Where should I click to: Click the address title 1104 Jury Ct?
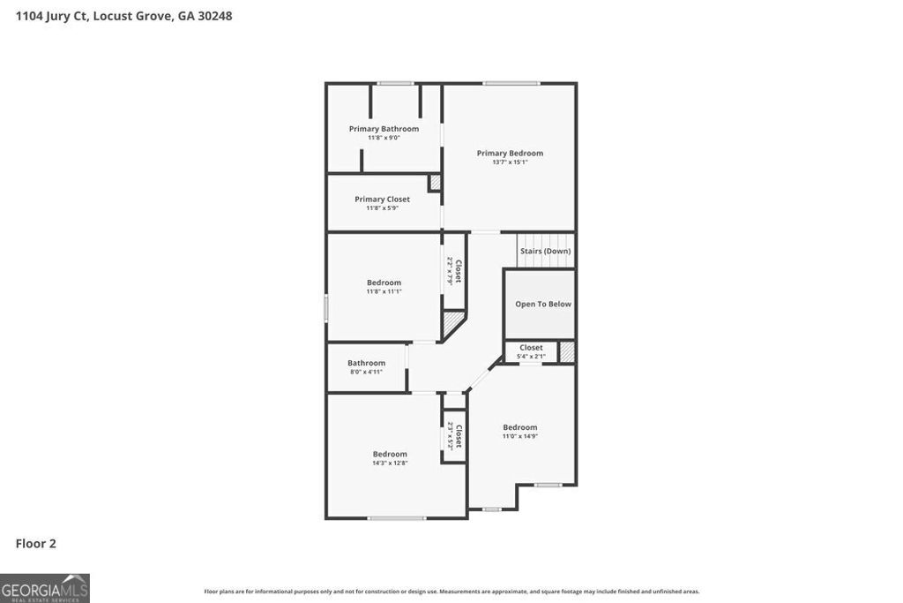pos(123,16)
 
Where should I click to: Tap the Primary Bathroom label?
pos(384,129)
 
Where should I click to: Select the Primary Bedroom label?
pos(510,153)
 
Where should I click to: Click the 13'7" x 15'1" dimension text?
pos(510,162)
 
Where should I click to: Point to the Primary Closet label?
pos(382,200)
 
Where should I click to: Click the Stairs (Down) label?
pos(545,251)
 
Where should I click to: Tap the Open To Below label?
pos(543,304)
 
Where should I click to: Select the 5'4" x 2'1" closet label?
pos(531,351)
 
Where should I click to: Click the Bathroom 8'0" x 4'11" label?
pos(366,366)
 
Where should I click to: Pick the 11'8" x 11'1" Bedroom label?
pos(384,286)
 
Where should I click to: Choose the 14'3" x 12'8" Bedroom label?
pos(390,457)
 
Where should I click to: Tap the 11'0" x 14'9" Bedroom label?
pos(520,431)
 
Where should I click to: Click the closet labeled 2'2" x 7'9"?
pos(454,271)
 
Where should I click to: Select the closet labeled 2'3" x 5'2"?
pos(454,436)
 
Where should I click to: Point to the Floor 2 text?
pos(35,544)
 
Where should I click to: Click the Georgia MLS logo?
pos(45,588)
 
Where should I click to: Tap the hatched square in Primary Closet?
pos(435,183)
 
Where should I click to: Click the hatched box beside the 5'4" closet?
pos(567,351)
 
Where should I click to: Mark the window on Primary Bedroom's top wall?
pos(511,83)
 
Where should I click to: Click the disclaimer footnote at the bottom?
pos(451,592)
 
